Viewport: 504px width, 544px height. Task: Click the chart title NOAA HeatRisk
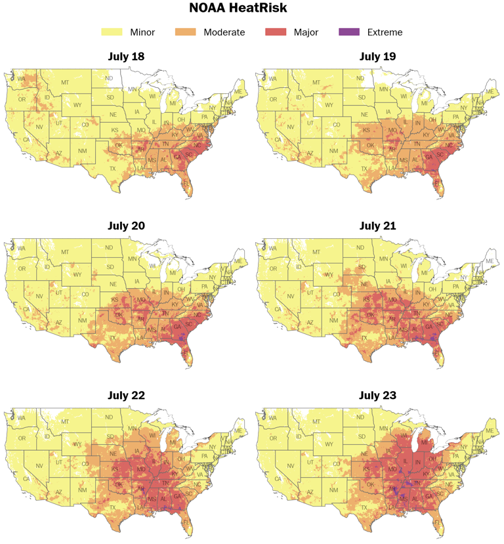tap(252, 9)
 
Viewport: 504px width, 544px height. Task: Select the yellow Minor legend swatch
tap(112, 31)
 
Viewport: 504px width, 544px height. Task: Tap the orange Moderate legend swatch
tap(188, 31)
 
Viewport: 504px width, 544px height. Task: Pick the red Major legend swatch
tap(276, 31)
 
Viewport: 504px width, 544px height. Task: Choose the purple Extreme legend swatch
tap(348, 31)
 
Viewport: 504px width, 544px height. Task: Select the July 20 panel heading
tap(126, 226)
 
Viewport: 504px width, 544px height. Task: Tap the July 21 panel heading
tap(377, 226)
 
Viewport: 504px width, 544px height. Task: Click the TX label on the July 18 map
tap(112, 169)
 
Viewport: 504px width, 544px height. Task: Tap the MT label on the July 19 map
tap(316, 83)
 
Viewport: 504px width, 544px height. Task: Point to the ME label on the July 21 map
tap(490, 261)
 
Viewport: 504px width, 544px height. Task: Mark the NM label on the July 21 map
tap(333, 321)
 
